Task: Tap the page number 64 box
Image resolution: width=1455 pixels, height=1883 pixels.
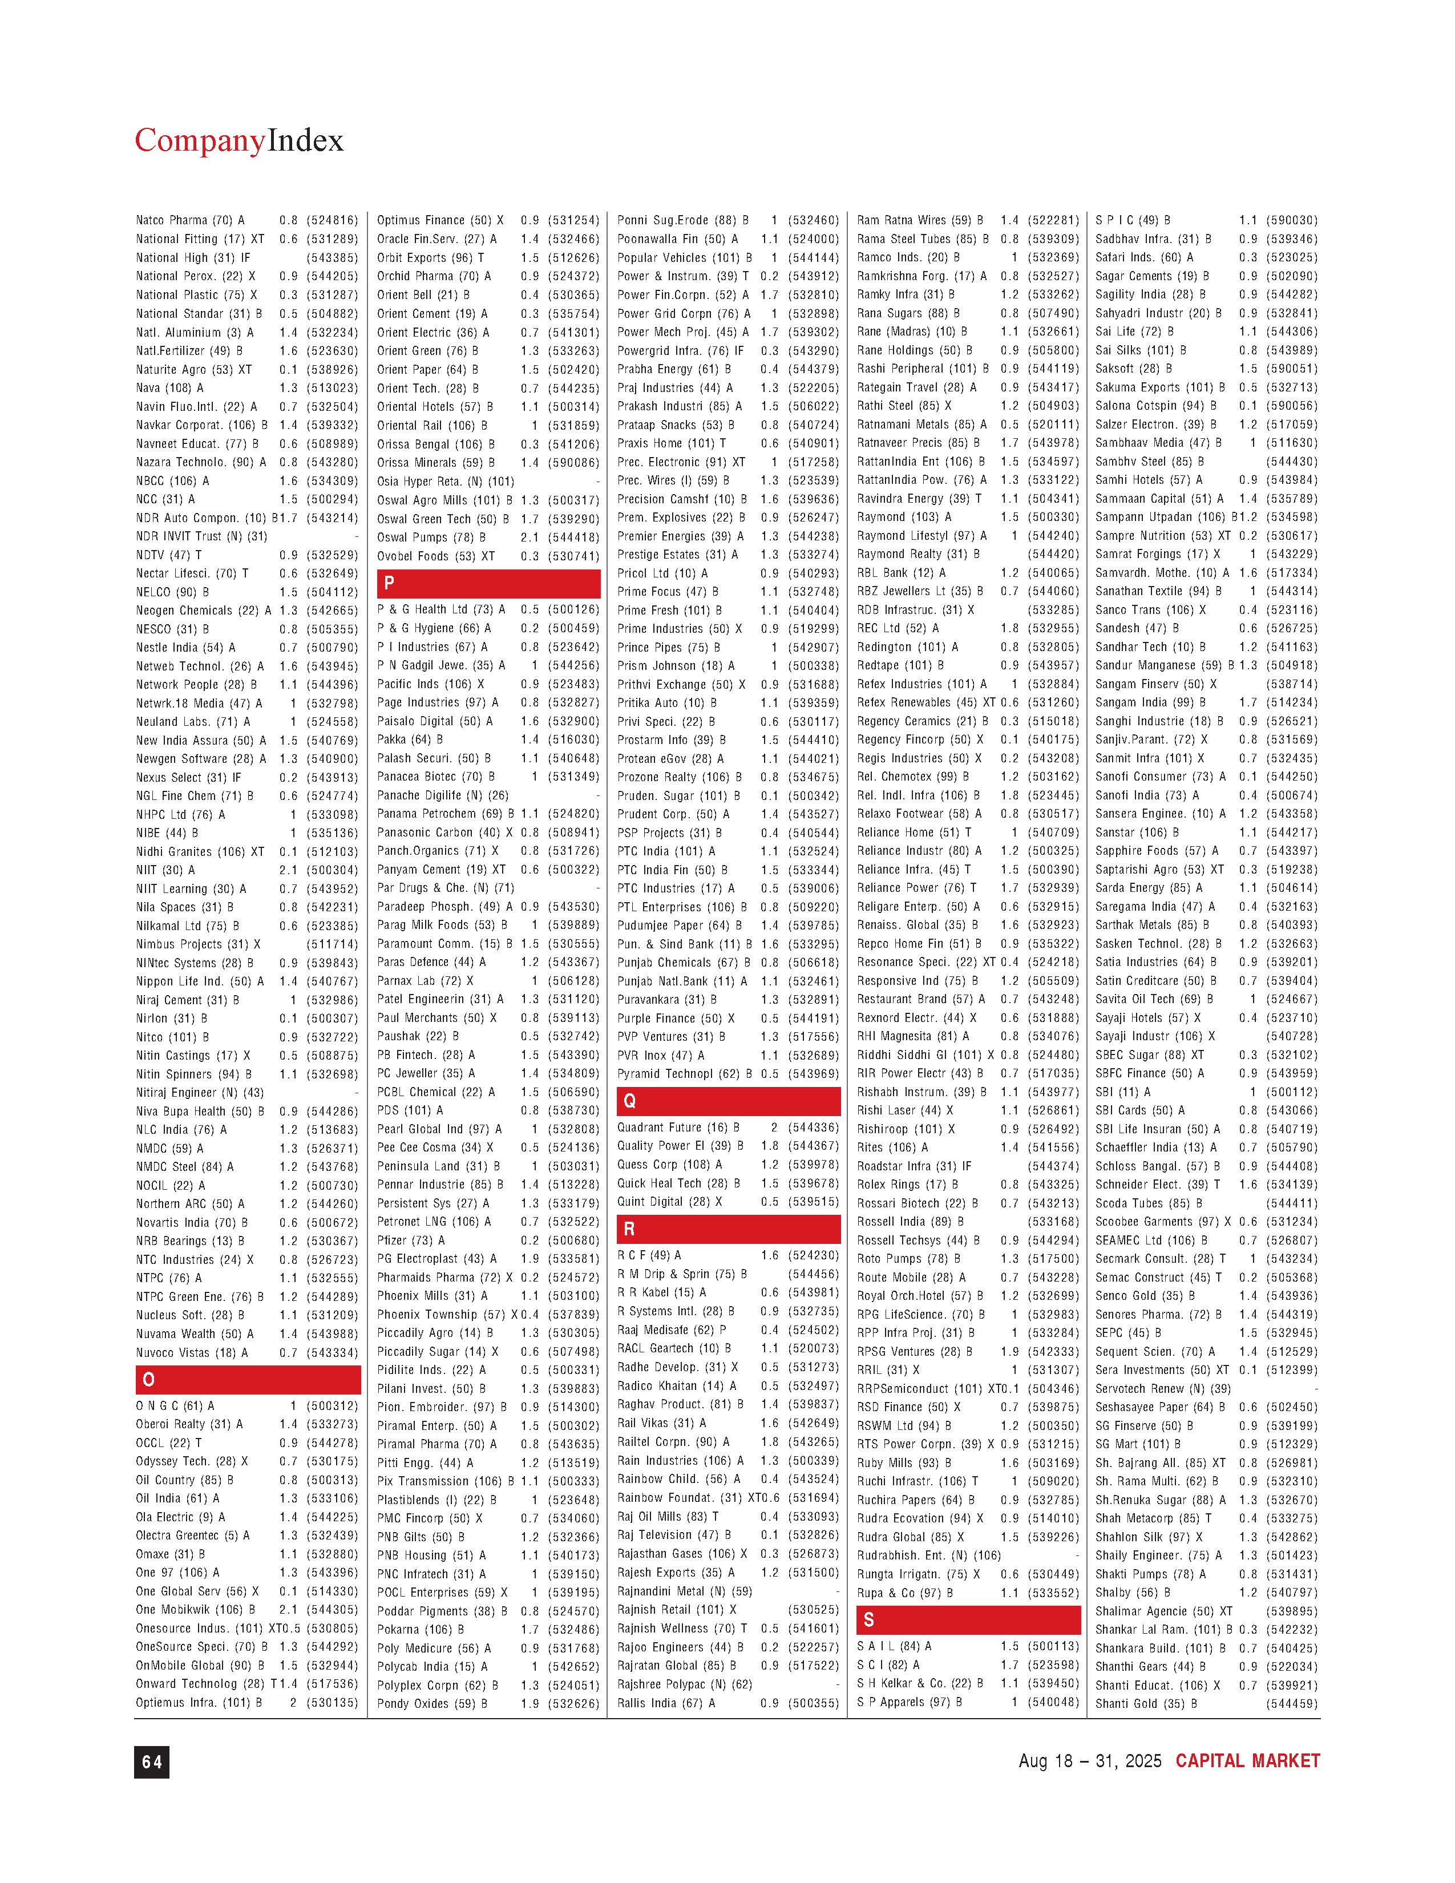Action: (152, 1762)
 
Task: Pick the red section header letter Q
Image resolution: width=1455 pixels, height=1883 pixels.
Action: (629, 1101)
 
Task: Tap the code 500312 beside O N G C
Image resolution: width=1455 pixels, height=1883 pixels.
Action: (332, 1406)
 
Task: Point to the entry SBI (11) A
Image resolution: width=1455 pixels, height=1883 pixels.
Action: (1122, 1092)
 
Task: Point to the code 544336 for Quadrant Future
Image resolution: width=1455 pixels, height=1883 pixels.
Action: (813, 1128)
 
